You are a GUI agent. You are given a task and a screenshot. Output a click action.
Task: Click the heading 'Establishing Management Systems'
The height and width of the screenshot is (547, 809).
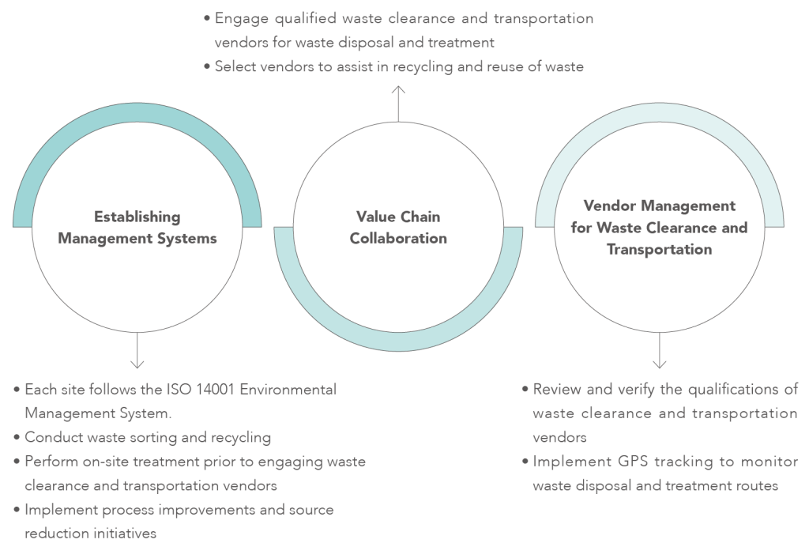pyautogui.click(x=137, y=227)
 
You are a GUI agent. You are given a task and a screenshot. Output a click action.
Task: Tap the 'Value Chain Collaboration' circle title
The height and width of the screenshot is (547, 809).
pyautogui.click(x=398, y=227)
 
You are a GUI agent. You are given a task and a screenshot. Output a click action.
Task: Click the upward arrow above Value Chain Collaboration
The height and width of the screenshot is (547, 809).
pyautogui.click(x=398, y=104)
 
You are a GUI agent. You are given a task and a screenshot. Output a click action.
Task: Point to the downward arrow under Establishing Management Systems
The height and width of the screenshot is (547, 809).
pyautogui.click(x=137, y=351)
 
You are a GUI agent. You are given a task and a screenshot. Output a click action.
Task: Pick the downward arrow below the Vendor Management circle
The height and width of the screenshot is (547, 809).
pyautogui.click(x=659, y=351)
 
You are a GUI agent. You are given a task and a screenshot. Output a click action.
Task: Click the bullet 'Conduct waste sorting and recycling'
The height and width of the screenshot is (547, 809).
pyautogui.click(x=147, y=437)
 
